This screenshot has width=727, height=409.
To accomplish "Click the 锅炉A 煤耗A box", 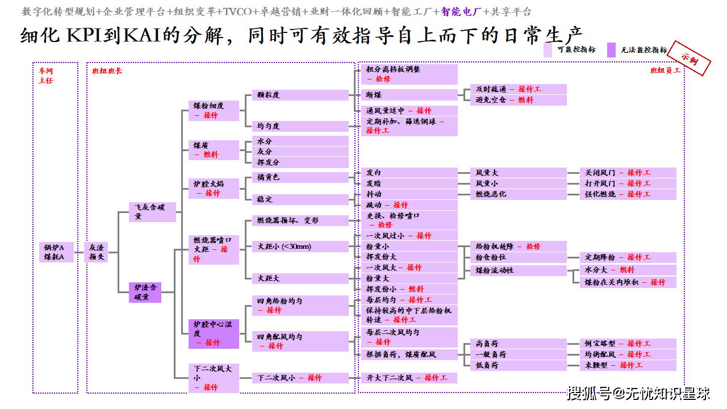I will point(57,252).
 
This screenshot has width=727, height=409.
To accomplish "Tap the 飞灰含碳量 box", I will point(152,212).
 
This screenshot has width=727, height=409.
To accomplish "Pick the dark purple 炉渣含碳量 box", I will point(145,293).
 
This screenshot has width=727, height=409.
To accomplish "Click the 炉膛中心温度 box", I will point(214,333).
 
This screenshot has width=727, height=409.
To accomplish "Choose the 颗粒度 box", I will point(300,95).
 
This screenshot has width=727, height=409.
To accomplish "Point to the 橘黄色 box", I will point(300,178).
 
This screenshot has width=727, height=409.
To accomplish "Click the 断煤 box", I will point(409,95).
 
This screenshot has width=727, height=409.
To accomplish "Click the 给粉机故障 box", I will point(518,247).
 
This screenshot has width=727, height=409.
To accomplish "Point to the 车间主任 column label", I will point(46,76).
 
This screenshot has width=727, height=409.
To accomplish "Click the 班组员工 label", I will point(665,71).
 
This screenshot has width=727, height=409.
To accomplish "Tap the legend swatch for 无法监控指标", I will point(611,50).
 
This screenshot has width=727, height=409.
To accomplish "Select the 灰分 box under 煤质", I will point(300,152).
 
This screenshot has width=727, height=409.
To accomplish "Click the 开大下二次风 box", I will point(409,378).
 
